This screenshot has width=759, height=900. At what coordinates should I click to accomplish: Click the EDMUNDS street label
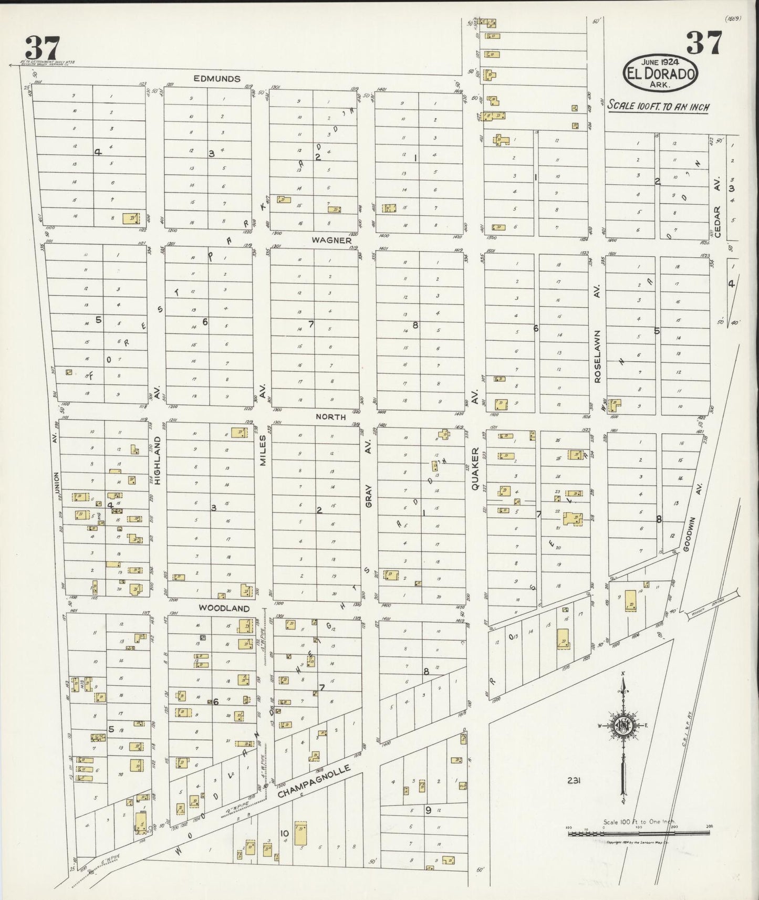217,79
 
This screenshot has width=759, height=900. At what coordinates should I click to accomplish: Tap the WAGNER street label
331,240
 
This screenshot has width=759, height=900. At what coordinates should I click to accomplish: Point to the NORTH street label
330,416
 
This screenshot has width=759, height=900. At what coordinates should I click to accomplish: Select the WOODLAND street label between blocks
223,608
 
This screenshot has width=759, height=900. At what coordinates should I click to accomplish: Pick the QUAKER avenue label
475,468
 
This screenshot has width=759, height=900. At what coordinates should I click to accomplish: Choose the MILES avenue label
264,451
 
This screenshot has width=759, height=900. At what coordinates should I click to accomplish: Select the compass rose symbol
623,727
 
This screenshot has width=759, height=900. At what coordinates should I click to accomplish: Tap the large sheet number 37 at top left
43,48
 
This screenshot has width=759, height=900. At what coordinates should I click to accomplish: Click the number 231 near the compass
573,781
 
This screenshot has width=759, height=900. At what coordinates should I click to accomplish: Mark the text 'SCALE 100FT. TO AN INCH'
658,107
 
